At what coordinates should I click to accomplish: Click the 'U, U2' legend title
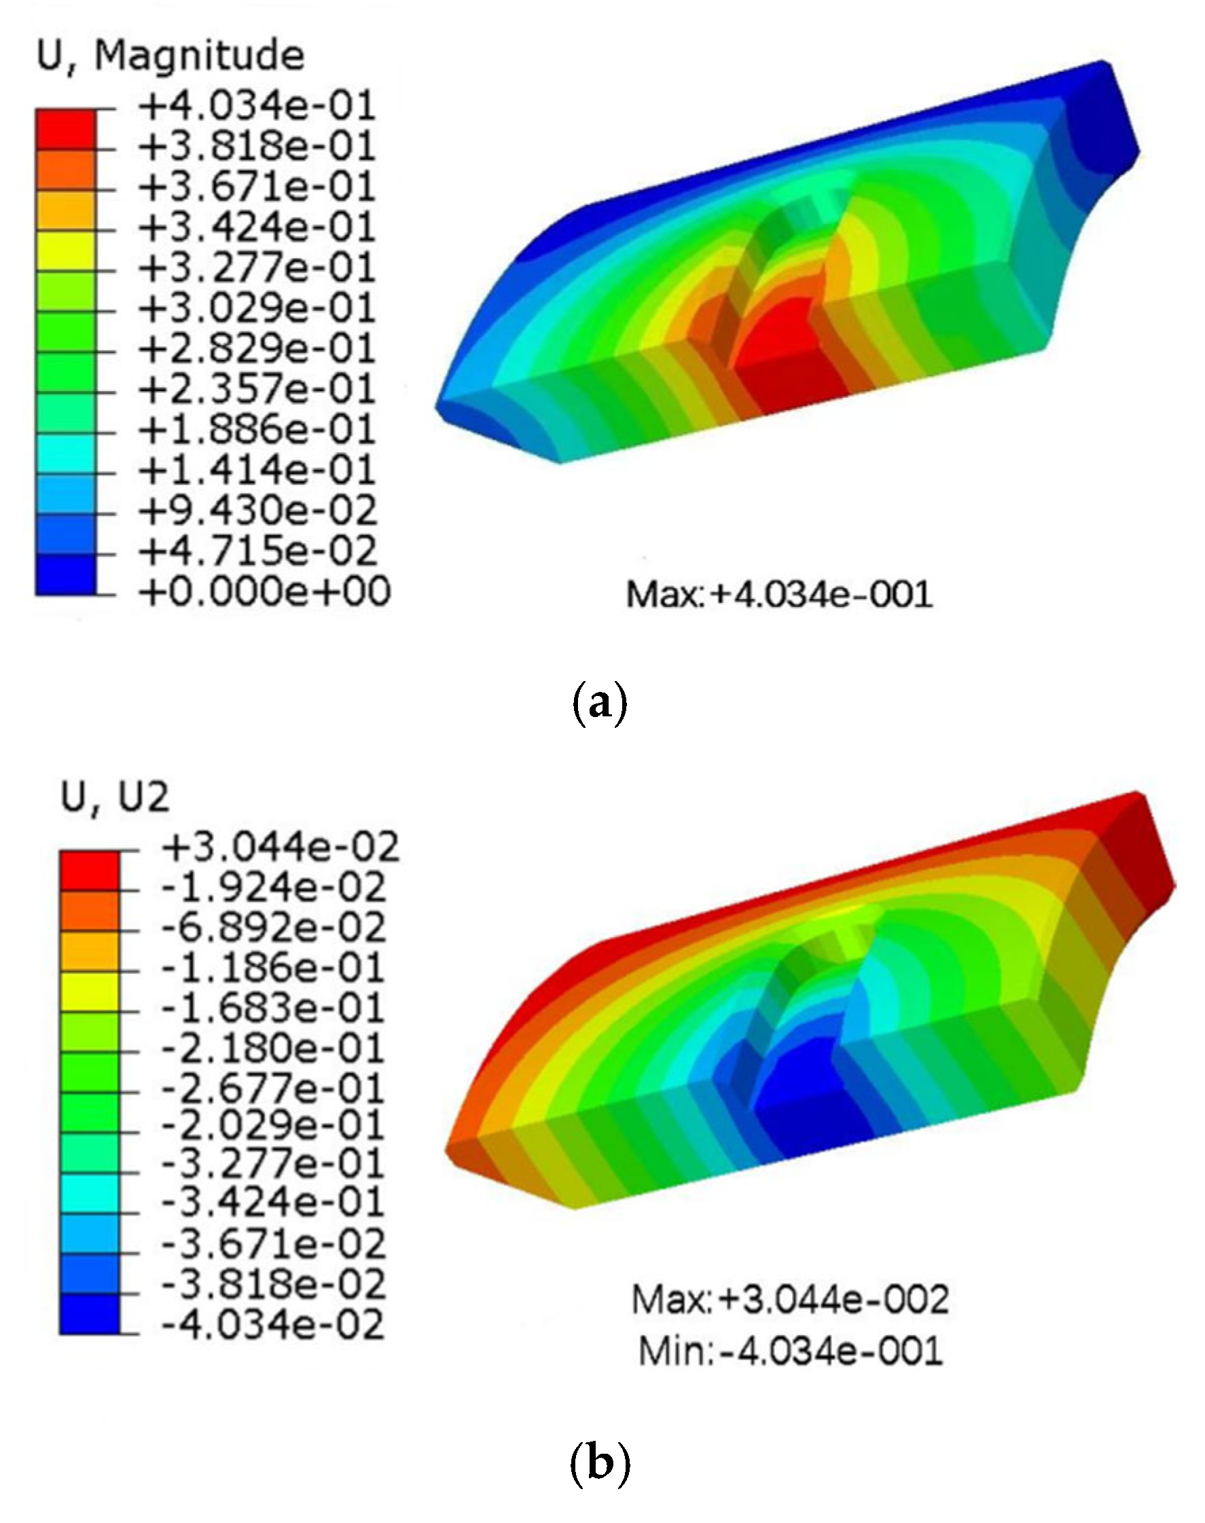115,797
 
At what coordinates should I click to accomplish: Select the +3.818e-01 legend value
257,147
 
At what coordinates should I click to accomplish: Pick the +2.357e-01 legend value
257,389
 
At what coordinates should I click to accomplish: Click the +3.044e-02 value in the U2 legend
281,847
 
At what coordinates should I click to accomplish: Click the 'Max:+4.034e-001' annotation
780,593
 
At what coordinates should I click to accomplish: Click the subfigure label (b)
598,1464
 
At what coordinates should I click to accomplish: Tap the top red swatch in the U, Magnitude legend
66,129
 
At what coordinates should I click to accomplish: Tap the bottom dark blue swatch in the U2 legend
90,1314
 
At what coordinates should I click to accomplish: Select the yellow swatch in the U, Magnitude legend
66,251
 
